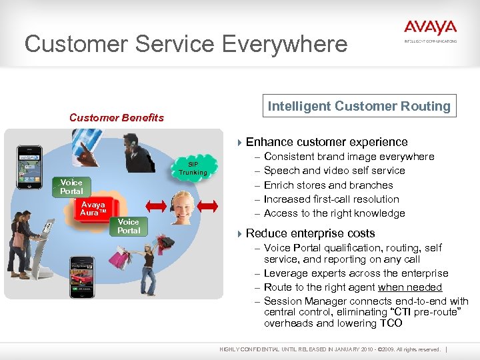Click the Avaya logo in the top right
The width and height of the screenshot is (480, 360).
430,29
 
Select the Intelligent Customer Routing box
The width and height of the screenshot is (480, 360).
359,106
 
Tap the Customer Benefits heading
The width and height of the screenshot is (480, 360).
117,117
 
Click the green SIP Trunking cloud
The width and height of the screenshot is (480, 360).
193,168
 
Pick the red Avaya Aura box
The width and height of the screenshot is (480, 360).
93,208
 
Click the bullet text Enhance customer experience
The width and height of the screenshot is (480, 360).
327,142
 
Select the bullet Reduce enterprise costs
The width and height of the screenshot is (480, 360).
310,233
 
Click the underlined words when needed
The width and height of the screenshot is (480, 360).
410,287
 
